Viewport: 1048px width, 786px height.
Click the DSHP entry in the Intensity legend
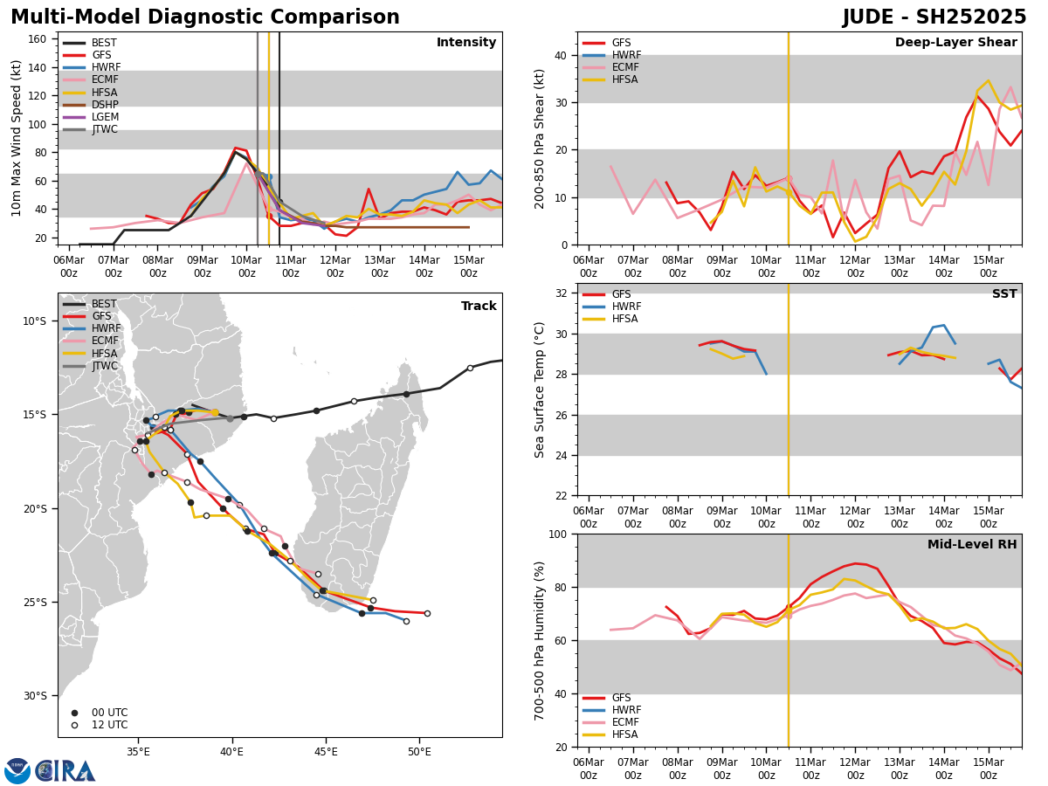[105, 105]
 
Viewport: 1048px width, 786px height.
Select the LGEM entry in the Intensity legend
[105, 117]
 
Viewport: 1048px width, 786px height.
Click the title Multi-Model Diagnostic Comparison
[205, 17]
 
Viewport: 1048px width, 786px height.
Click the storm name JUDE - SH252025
[934, 17]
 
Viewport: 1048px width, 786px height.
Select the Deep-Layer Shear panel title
[955, 43]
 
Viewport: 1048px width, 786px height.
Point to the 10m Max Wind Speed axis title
[16, 138]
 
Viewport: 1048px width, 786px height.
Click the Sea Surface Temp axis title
[540, 390]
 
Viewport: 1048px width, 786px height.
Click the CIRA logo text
[65, 770]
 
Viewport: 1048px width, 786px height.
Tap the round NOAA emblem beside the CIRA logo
[17, 770]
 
